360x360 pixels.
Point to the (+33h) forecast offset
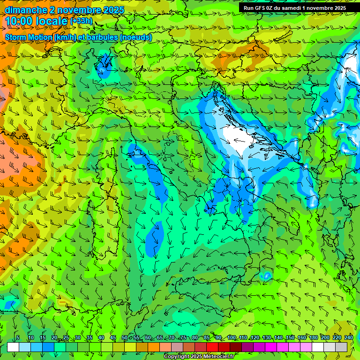pos(81,21)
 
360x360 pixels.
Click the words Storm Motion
pos(28,37)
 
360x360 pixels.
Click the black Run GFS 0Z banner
pos(295,8)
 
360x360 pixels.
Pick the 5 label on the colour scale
pos(18,338)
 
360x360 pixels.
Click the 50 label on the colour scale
pos(124,338)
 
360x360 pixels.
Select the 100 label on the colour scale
pos(231,338)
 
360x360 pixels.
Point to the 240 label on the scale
pos(348,338)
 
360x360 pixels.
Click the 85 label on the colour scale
pos(207,338)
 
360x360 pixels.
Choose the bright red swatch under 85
pos(212,347)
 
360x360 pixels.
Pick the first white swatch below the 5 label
pos(13,347)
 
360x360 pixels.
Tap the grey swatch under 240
pos(341,347)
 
